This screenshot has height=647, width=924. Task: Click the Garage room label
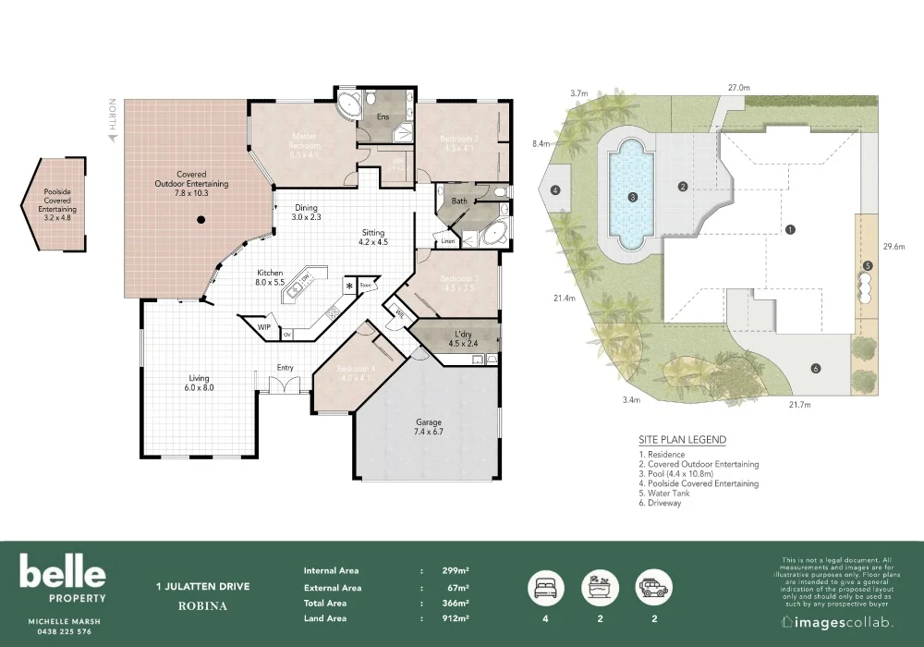[x=429, y=426]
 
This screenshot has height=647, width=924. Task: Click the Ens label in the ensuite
[x=383, y=117]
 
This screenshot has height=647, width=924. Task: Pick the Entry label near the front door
[x=286, y=368]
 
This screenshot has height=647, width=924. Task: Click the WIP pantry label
[x=264, y=327]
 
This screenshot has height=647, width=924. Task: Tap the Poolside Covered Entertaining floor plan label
[x=58, y=201]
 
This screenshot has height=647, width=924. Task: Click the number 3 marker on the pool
[x=632, y=197]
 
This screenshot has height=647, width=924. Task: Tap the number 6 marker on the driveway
[x=815, y=369]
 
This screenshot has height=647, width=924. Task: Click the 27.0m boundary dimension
[x=738, y=87]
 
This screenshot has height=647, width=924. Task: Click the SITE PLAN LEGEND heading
[x=682, y=440]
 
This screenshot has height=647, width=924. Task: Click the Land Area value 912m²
[x=456, y=617]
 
